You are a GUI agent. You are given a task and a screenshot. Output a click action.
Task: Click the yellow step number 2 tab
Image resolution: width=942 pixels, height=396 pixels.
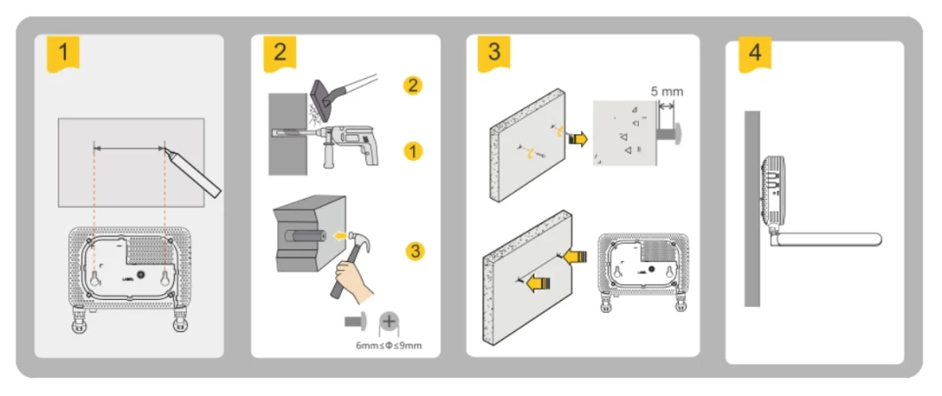[280, 52]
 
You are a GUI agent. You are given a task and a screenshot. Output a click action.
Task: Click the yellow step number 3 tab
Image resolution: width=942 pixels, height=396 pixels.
[494, 51]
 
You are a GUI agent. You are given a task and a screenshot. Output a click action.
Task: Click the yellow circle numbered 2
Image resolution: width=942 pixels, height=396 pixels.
[411, 86]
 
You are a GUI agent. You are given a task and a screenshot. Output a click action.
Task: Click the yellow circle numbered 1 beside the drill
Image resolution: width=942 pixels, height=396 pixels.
[411, 150]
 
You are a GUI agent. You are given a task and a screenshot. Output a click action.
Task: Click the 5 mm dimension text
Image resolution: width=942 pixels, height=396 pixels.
[667, 91]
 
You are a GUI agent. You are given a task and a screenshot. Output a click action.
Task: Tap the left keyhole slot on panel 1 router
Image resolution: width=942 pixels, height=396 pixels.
[93, 278]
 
